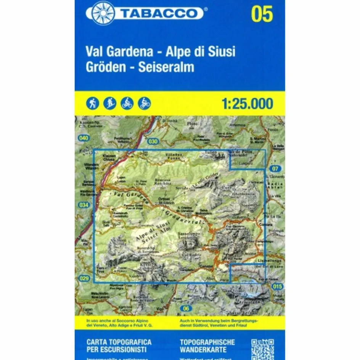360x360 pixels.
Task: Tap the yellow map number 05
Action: tap(262, 14)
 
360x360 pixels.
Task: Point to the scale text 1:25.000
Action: tap(247, 103)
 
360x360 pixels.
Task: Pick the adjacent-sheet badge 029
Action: tap(84, 278)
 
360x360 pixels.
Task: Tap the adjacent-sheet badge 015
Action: tap(278, 286)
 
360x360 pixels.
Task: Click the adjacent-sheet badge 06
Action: tap(186, 308)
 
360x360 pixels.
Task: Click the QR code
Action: tap(262, 348)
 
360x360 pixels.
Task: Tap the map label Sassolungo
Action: tap(186, 233)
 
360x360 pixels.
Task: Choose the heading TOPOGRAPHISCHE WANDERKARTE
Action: tap(207, 346)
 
